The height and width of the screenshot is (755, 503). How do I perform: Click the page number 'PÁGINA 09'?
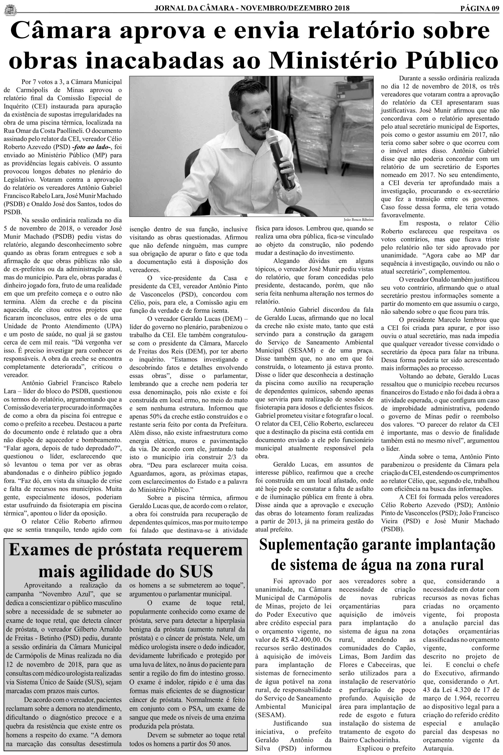(x=480, y=8)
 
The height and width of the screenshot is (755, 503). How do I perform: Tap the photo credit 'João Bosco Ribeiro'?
(x=359, y=220)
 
